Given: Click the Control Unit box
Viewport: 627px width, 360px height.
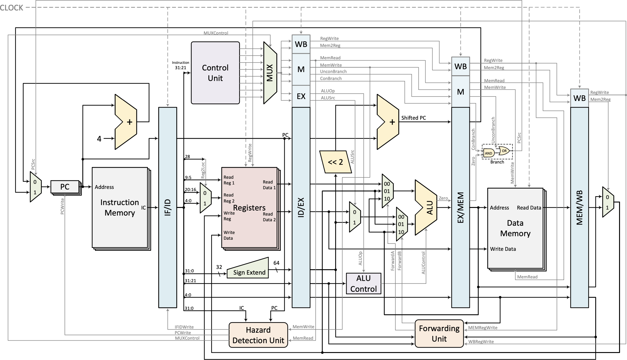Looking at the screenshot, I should pos(215,73).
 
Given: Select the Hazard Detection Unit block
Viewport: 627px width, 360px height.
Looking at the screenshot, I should pos(258,335).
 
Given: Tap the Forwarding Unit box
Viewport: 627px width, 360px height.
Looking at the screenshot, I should pos(439,333).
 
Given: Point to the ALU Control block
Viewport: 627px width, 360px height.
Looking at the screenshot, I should pos(363,283).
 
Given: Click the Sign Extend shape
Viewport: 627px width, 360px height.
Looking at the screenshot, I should pos(248,270).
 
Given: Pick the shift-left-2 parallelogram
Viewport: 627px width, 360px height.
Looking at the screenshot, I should pos(335,162).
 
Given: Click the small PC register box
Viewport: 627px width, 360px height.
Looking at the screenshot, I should pos(65,187).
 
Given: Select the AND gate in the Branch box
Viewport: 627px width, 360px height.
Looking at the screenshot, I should pos(489,153).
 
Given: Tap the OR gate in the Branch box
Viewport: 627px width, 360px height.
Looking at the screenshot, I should pos(504,151).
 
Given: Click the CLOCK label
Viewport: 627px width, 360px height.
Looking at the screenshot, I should pos(12,8).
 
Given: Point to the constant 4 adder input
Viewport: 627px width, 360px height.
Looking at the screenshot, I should pos(99,139).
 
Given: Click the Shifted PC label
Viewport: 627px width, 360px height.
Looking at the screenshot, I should pos(413,118).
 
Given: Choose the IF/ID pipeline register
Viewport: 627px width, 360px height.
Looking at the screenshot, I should pos(168,207).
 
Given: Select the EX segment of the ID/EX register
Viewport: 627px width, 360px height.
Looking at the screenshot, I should pos(301,96).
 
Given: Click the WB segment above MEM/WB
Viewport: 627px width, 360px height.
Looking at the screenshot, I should pos(579,98).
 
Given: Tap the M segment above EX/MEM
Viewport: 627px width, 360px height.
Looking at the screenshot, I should pos(460,92).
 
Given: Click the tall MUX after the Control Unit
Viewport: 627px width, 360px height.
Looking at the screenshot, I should pos(270,73).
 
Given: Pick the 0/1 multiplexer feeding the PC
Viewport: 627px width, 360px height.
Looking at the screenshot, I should pos(35,187).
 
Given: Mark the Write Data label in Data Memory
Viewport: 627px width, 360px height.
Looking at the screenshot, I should pos(502,249).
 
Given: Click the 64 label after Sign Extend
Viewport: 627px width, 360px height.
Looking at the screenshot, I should pos(276,263).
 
